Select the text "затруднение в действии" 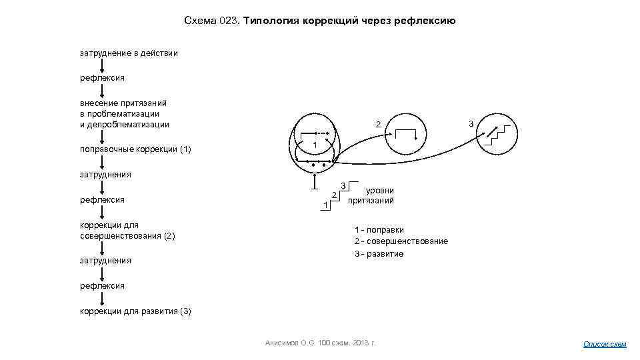pyautogui.click(x=129, y=53)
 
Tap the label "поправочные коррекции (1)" pyautogui.click(x=135, y=149)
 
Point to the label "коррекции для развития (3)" pyautogui.click(x=135, y=311)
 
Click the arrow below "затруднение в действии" pyautogui.click(x=101, y=65)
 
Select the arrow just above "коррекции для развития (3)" pyautogui.click(x=101, y=299)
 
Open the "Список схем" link pyautogui.click(x=605, y=344)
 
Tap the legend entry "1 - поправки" pyautogui.click(x=379, y=230)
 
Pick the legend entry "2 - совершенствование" pyautogui.click(x=401, y=241)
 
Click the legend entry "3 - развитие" pyautogui.click(x=379, y=253)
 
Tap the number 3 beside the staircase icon pyautogui.click(x=471, y=123)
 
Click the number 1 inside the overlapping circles pyautogui.click(x=314, y=146)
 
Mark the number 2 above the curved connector pyautogui.click(x=377, y=125)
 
